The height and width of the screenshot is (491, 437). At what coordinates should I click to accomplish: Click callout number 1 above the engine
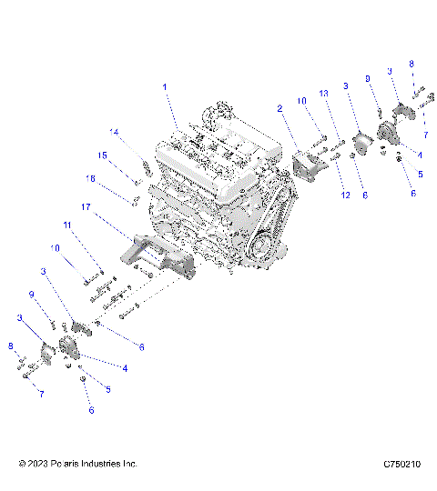point(166,87)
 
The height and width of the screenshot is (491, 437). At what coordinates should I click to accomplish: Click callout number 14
point(116,132)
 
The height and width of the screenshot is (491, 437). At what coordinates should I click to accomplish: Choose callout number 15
point(104,155)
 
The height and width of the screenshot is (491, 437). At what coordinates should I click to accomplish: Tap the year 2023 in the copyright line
point(41,464)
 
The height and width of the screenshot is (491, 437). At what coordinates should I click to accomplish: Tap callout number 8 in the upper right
point(411,64)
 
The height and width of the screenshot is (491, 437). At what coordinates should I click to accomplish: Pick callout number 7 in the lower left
point(41,393)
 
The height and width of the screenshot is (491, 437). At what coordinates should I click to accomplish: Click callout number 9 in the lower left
point(32,294)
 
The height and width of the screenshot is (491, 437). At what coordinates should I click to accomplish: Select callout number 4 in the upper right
point(419,155)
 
